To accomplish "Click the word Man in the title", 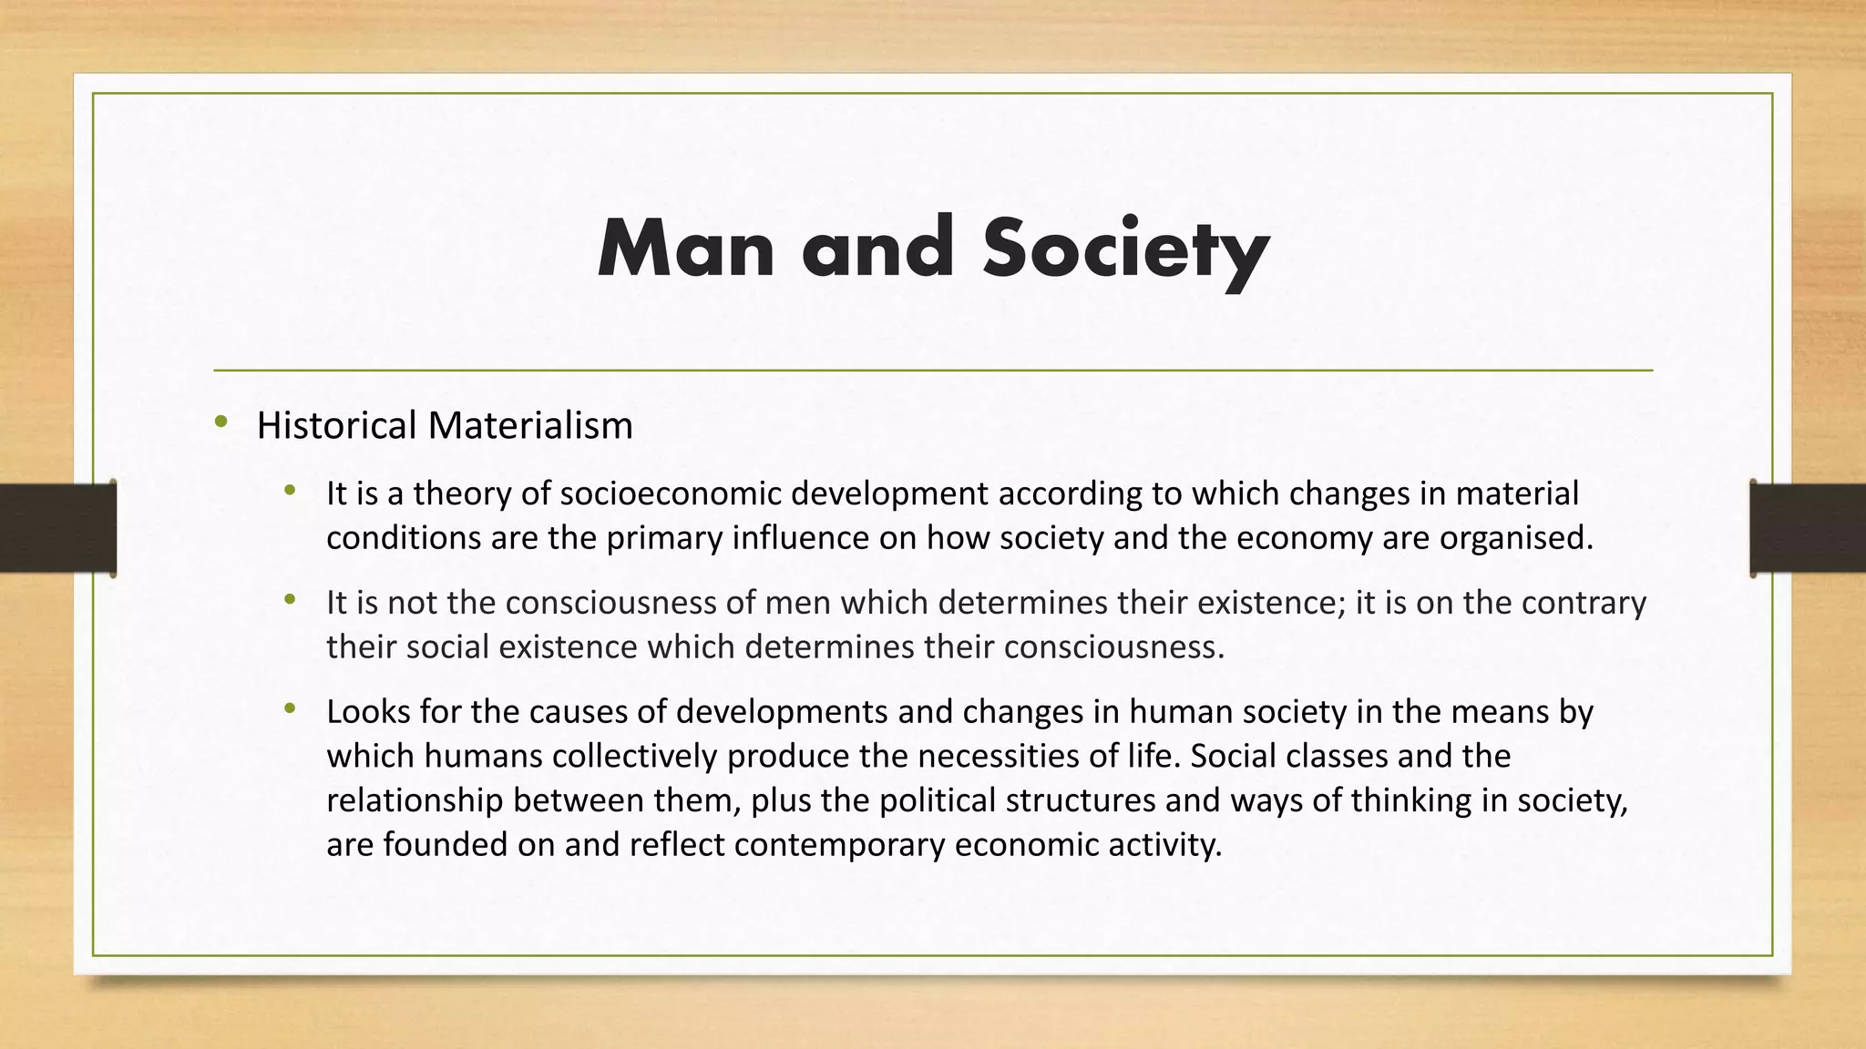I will click(x=685, y=249).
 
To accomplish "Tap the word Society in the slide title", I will click(x=1125, y=249).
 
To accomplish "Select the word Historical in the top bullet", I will click(x=337, y=425).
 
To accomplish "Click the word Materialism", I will click(x=530, y=425).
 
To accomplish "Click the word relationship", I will click(x=415, y=800).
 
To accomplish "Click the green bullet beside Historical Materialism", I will click(x=220, y=422).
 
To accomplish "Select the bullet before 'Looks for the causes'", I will click(x=290, y=708).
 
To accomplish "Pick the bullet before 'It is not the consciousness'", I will click(x=290, y=599).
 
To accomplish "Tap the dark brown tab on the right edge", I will click(x=1808, y=528).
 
